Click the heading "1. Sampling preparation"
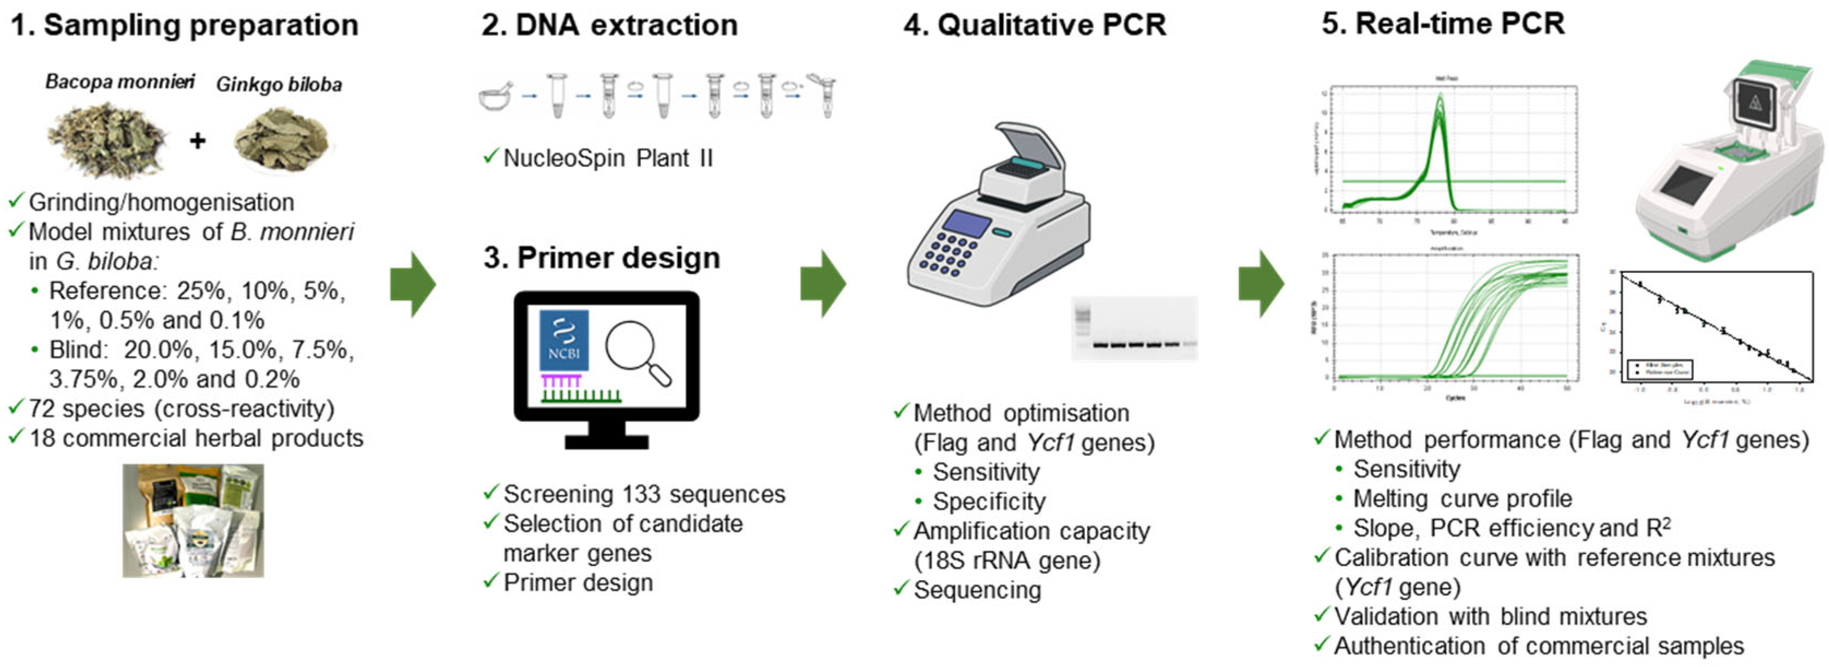coord(184,26)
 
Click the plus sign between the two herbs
coord(197,141)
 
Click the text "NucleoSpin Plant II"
coord(608,158)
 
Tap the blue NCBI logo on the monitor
coord(563,340)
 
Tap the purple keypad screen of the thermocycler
coord(968,224)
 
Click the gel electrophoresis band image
coord(1134,330)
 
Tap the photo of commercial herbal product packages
coord(193,520)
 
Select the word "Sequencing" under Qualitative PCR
coord(977,589)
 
